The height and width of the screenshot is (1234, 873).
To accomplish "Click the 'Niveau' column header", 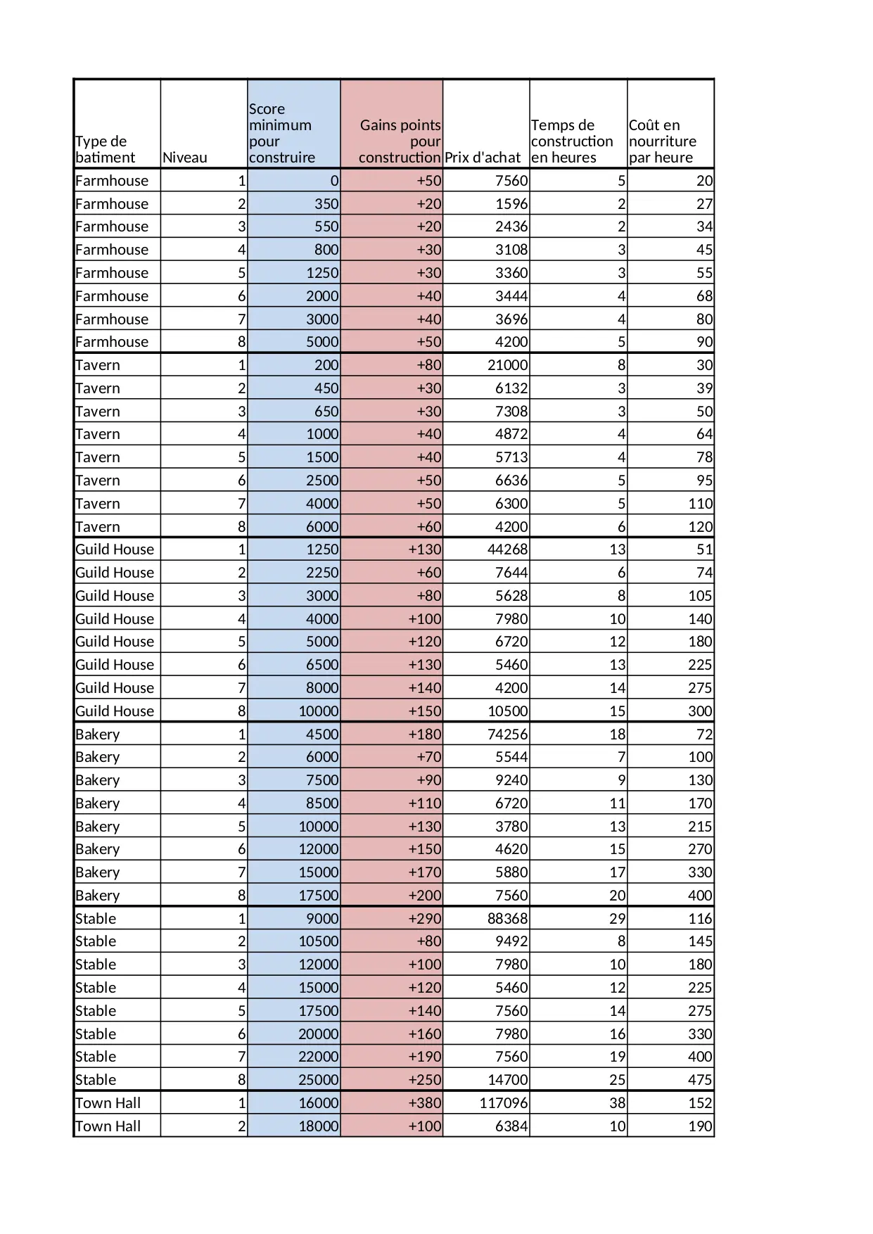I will point(185,158).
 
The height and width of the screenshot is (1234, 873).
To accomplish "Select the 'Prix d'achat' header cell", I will point(483,158).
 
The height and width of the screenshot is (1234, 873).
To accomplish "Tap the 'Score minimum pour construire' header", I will point(281,133).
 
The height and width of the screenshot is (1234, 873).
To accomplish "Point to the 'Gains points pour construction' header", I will point(400,141).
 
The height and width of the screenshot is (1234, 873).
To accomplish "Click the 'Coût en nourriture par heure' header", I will point(662,141).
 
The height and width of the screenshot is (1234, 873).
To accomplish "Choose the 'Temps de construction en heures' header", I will point(571,141).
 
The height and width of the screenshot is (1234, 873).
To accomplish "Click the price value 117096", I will point(504,1103).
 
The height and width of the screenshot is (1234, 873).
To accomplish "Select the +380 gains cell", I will point(425,1103).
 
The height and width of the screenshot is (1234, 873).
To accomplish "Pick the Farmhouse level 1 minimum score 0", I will point(334,181).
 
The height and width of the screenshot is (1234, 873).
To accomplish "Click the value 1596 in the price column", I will point(511,204).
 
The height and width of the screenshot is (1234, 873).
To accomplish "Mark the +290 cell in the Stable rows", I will point(425,919).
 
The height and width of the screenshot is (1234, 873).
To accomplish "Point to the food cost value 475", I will point(700,1080).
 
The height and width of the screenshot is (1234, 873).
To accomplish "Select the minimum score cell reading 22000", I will point(319,1057).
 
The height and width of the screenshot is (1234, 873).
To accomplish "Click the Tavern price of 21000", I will point(508,365).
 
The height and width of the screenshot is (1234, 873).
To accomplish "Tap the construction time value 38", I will point(617,1103).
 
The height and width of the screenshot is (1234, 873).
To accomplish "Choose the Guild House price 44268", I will point(507,549).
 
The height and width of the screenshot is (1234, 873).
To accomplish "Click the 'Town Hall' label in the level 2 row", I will point(108,1126).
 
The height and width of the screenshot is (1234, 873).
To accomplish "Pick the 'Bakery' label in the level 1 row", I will point(98,734).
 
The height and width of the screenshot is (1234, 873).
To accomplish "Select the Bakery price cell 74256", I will point(507,734).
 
